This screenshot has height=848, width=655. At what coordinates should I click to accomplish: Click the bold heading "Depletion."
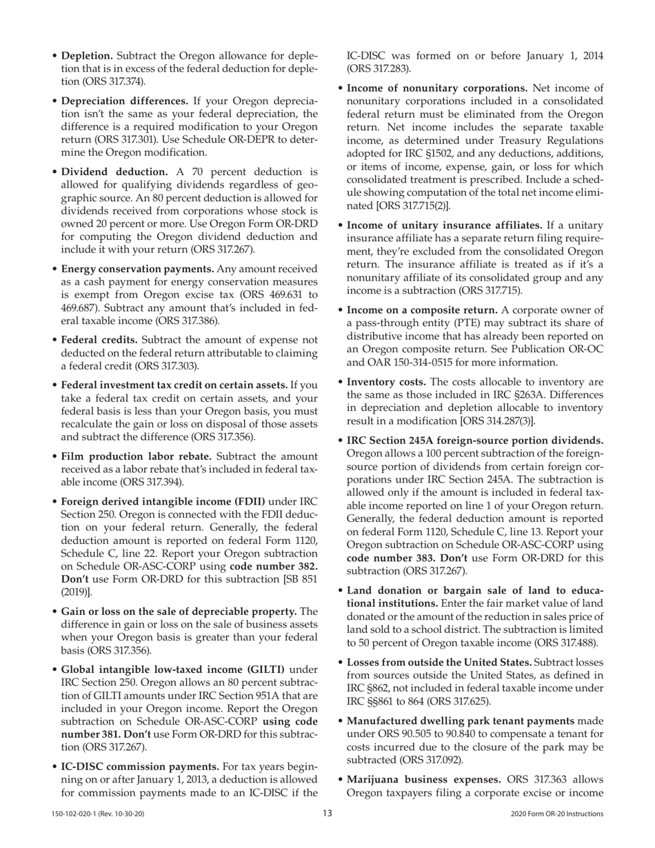(88, 55)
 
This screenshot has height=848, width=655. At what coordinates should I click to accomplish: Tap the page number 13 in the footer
(327, 814)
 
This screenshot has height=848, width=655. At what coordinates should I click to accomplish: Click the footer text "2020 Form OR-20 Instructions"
(557, 814)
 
